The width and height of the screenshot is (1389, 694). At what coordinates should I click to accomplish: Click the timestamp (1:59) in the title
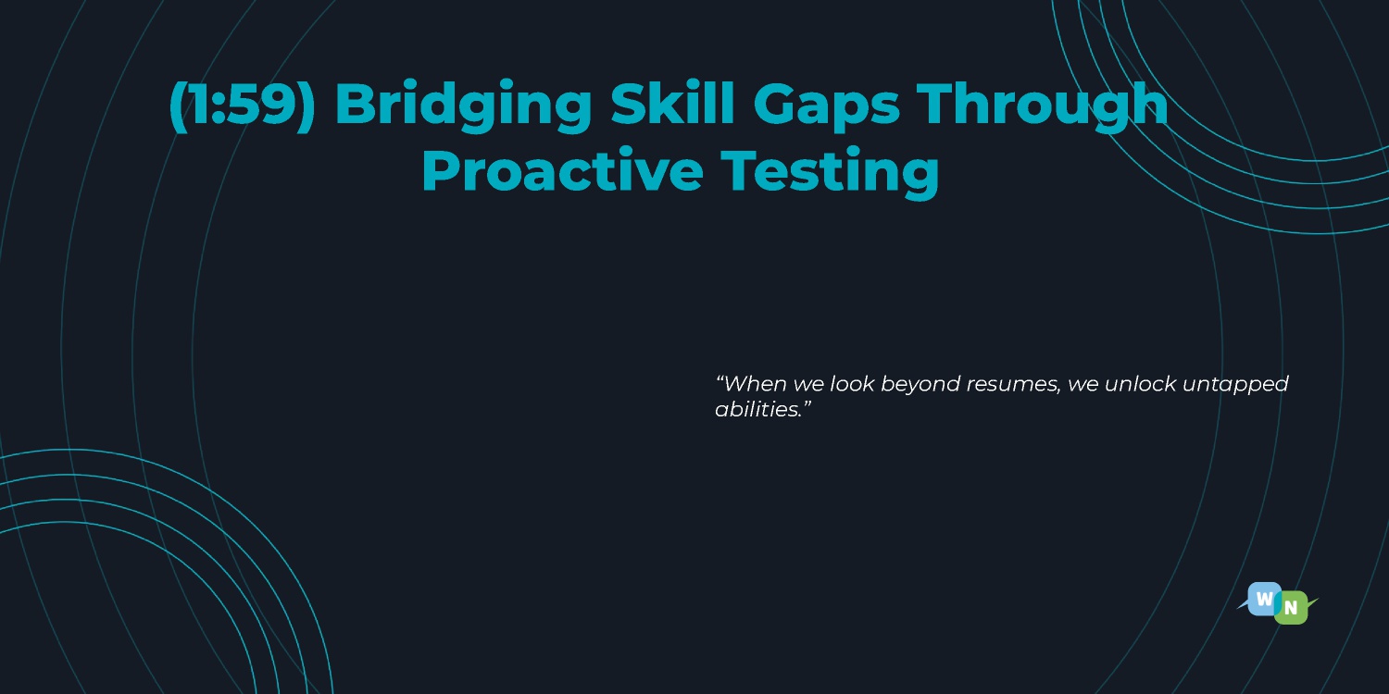point(243,104)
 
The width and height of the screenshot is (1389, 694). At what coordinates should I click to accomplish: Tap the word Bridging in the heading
point(463,105)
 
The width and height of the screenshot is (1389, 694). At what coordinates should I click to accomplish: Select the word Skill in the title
point(673,102)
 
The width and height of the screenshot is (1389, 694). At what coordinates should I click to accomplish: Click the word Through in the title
point(1043,105)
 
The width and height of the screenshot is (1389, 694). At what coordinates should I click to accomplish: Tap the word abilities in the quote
point(757,410)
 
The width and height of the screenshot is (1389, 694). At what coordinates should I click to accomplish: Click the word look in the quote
point(852,384)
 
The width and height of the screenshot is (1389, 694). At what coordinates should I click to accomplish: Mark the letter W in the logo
point(1264,600)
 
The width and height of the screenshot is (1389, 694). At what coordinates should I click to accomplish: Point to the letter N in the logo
point(1291,609)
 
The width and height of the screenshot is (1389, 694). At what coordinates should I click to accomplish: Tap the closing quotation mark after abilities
point(807,403)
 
